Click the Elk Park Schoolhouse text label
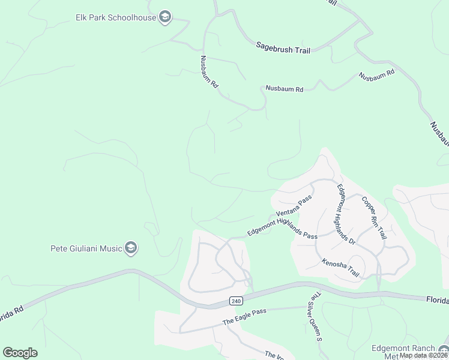click(x=116, y=17)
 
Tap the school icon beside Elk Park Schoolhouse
click(x=166, y=17)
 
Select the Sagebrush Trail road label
click(x=283, y=47)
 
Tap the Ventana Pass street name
click(x=294, y=206)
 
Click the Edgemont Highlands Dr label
click(x=346, y=213)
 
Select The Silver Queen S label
click(x=316, y=317)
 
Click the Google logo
click(x=20, y=352)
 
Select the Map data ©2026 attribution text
click(x=424, y=355)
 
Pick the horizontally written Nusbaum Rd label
click(x=285, y=89)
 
